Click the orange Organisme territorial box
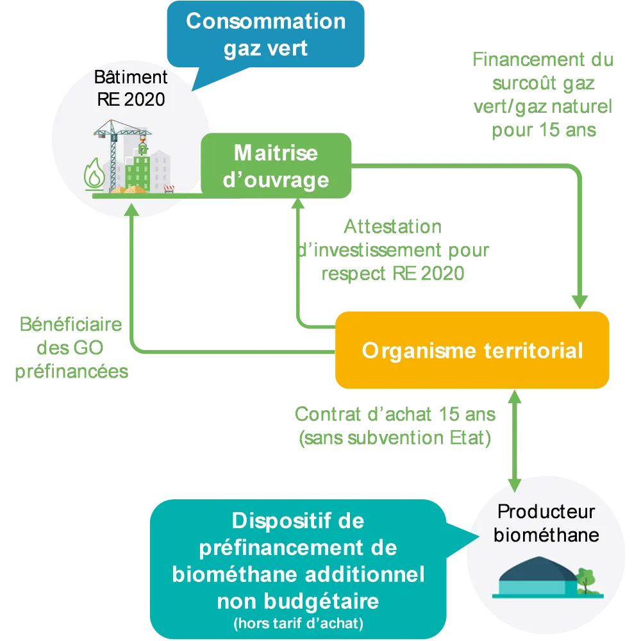click(472, 351)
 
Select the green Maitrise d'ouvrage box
click(276, 166)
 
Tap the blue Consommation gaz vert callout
click(265, 35)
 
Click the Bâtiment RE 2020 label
click(131, 88)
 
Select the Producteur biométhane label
click(546, 523)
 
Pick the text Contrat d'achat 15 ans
click(394, 415)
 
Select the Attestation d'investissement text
click(393, 251)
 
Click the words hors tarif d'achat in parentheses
click(297, 622)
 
